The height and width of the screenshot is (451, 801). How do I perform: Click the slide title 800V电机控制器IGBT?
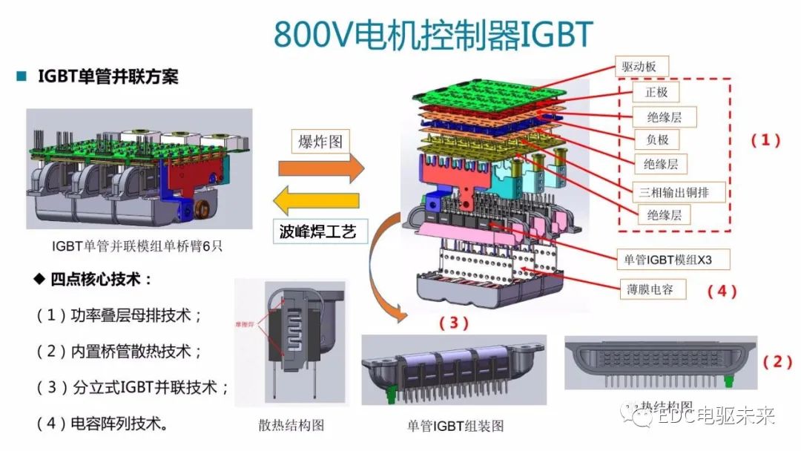pyautogui.click(x=434, y=33)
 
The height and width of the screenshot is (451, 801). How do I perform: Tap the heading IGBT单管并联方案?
pyautogui.click(x=108, y=76)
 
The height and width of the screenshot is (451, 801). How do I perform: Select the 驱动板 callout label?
pyautogui.click(x=639, y=67)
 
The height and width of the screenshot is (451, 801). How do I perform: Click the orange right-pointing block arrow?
pyautogui.click(x=321, y=169)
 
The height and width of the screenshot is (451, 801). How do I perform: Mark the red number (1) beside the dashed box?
pyautogui.click(x=766, y=140)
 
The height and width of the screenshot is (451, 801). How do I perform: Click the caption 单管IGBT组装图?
pyautogui.click(x=455, y=426)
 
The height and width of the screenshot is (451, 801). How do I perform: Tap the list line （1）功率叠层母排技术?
pyautogui.click(x=119, y=315)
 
